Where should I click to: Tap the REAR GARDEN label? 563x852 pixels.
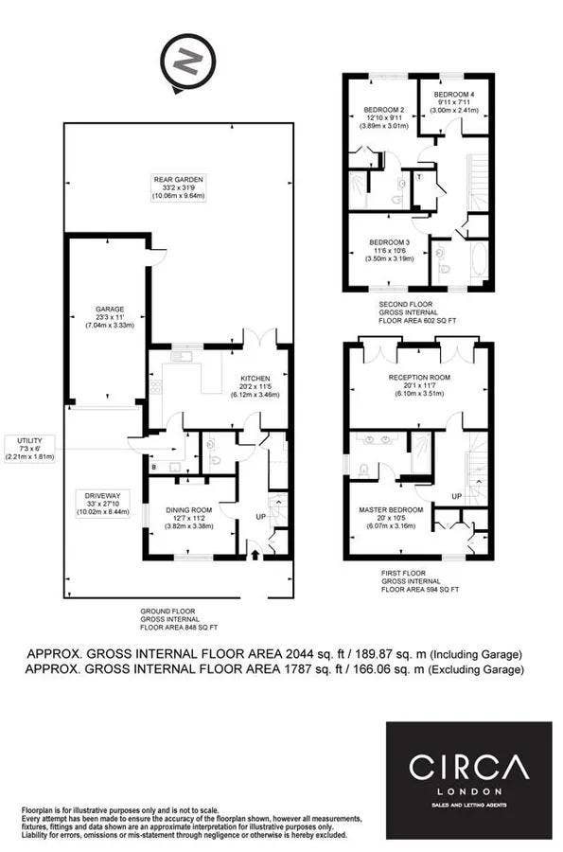point(182,179)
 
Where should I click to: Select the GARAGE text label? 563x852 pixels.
point(109,309)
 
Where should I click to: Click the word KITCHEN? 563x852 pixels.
point(255,376)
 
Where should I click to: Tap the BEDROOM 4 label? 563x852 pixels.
point(454,95)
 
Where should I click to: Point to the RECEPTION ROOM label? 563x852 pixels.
point(418,376)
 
